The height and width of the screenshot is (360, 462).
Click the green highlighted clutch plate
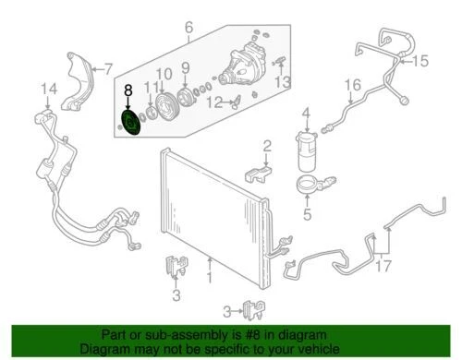tap(128, 124)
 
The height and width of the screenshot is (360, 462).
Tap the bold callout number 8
tap(128, 91)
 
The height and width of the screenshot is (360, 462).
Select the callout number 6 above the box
tap(188, 28)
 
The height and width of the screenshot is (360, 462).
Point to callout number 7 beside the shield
tap(110, 67)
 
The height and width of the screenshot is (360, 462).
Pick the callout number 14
tap(43, 89)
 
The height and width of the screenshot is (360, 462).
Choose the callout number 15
tap(421, 62)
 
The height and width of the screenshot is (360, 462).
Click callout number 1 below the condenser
tap(210, 276)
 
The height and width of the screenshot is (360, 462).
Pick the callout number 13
tap(283, 82)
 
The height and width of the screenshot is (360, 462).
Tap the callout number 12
tap(214, 102)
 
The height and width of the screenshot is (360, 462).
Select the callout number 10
tap(165, 75)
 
